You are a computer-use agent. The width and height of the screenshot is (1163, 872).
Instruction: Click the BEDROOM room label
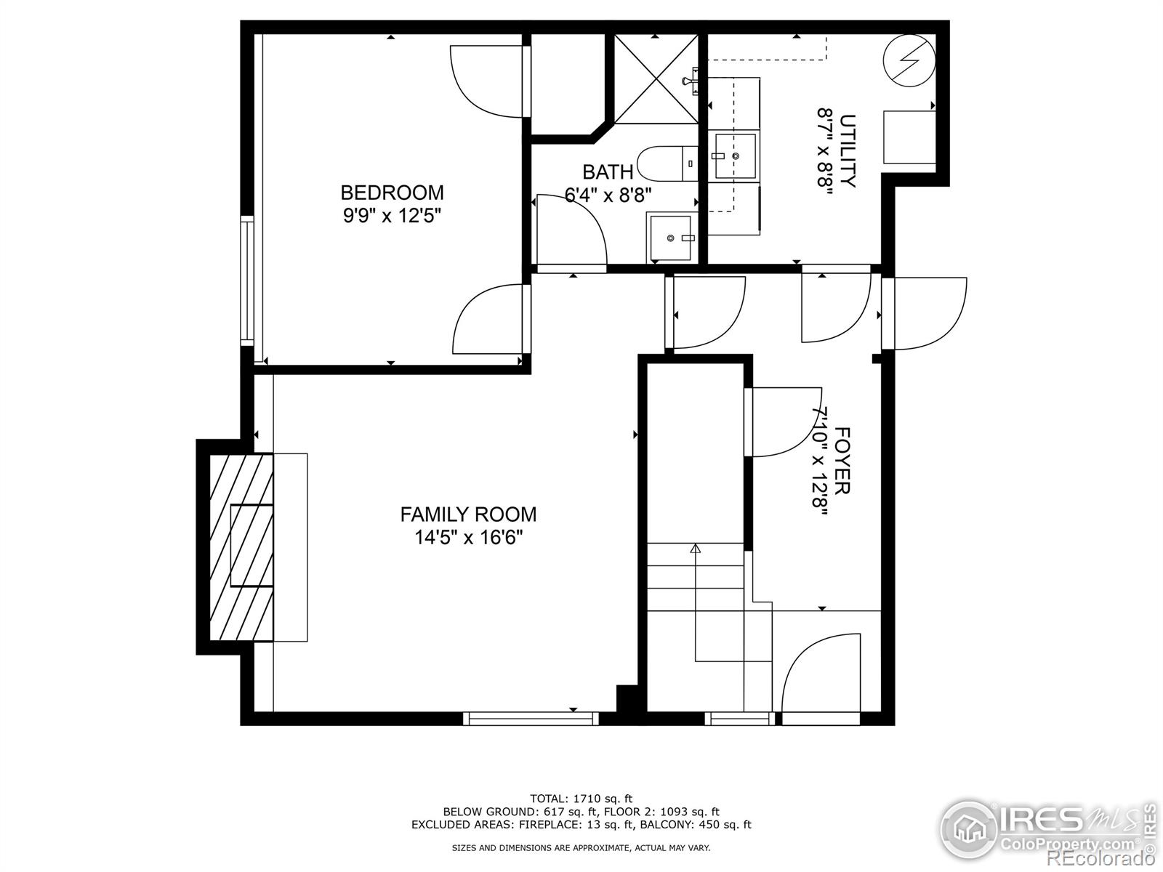pyautogui.click(x=392, y=193)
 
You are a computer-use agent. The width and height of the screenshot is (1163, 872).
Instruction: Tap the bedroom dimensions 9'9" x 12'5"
pyautogui.click(x=392, y=216)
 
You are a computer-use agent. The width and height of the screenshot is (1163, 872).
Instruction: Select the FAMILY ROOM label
pyautogui.click(x=468, y=514)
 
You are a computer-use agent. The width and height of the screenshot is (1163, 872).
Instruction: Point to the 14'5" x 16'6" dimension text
pyautogui.click(x=468, y=538)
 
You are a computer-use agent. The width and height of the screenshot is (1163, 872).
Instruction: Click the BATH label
pyautogui.click(x=608, y=172)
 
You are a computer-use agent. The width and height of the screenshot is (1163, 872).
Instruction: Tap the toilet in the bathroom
pyautogui.click(x=665, y=164)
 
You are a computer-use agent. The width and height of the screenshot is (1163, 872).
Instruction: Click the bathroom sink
pyautogui.click(x=671, y=238)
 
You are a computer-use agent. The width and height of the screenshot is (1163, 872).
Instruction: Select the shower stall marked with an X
pyautogui.click(x=656, y=78)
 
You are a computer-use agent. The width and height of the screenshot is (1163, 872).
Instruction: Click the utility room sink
pyautogui.click(x=735, y=156)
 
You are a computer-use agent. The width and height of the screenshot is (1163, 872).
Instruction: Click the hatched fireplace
pyautogui.click(x=241, y=546)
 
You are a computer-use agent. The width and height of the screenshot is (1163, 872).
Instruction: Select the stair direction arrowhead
pyautogui.click(x=696, y=549)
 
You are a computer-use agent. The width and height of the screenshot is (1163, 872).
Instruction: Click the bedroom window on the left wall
pyautogui.click(x=248, y=280)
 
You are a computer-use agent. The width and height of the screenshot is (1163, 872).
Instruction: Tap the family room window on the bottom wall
pyautogui.click(x=531, y=719)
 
